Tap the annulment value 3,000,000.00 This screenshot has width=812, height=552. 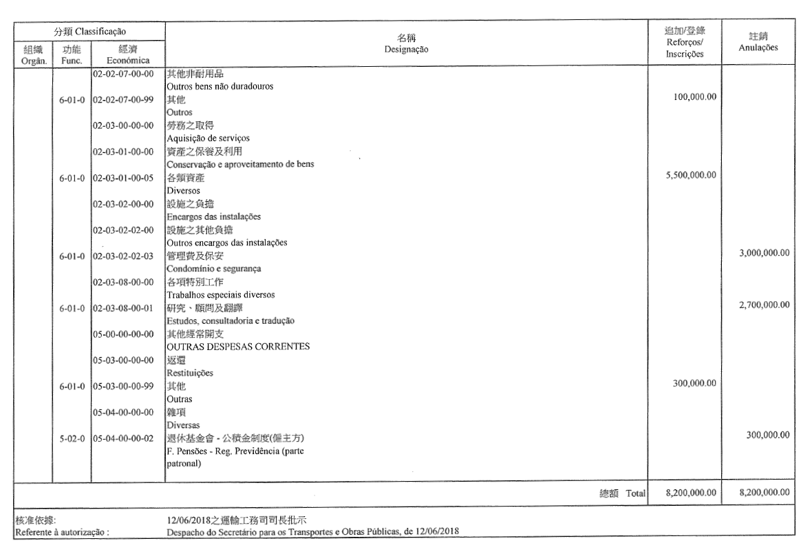click(763, 253)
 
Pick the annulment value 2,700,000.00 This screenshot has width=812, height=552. click(763, 305)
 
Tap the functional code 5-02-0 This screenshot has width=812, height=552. click(72, 438)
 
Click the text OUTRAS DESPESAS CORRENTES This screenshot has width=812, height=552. click(237, 347)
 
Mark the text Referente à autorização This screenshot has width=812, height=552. click(63, 531)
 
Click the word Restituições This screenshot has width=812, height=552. click(190, 373)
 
